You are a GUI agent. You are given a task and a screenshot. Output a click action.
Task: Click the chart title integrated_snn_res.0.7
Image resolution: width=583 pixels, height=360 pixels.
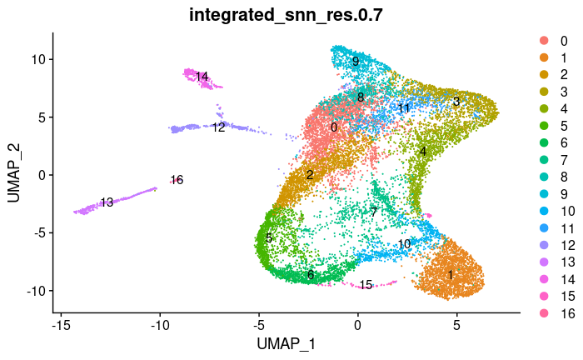[291, 13]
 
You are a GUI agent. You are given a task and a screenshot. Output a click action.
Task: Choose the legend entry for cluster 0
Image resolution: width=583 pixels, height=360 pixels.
[556, 41]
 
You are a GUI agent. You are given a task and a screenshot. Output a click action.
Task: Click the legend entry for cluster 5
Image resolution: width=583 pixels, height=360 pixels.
[556, 126]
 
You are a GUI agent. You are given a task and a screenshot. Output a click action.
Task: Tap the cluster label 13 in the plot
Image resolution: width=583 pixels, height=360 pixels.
[107, 202]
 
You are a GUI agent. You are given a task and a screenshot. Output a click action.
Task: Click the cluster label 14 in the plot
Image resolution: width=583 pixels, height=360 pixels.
[202, 77]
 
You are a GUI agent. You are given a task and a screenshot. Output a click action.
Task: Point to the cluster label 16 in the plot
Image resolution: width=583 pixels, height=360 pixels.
[176, 180]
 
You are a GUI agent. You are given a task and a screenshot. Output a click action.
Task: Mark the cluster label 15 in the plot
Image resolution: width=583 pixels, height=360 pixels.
[366, 285]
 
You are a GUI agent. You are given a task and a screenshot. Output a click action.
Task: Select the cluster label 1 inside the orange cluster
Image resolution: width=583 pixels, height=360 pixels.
[450, 274]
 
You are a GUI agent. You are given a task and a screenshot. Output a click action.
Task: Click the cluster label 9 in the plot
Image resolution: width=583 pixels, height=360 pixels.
[356, 62]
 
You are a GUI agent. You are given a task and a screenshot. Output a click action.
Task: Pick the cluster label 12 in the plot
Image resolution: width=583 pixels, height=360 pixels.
[218, 127]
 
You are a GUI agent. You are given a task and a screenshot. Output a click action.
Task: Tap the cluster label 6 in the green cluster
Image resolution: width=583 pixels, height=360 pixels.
[310, 275]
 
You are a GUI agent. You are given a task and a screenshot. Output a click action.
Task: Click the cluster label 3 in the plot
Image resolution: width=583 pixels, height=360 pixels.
[456, 102]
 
